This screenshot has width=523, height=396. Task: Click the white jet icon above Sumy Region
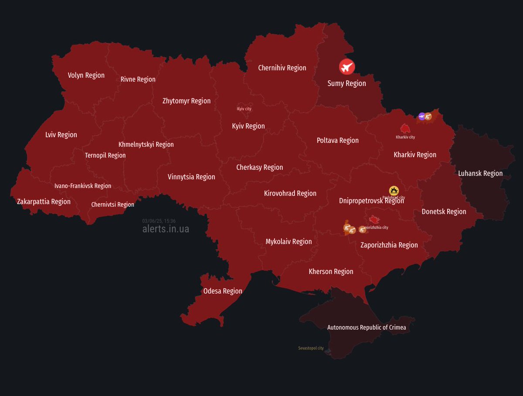point(347,67)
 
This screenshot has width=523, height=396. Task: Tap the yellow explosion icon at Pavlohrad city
point(394,190)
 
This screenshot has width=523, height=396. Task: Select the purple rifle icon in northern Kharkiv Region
point(421,116)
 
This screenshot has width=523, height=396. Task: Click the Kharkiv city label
point(405,137)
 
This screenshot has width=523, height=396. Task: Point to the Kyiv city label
point(244,109)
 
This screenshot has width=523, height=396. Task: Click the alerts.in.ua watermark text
point(166,229)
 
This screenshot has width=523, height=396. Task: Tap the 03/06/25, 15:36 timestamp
point(159,221)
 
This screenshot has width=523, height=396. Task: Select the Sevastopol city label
point(311,348)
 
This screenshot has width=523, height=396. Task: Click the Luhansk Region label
point(480,173)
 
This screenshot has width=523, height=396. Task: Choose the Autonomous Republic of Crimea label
point(367,327)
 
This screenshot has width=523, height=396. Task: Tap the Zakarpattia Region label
point(44,202)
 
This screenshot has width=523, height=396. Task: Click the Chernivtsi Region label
point(112,205)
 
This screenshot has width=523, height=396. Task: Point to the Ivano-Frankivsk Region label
point(83,186)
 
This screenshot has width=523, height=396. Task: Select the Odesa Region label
point(223,291)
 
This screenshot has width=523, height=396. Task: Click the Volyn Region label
point(86,76)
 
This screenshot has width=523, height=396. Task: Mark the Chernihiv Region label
point(282,68)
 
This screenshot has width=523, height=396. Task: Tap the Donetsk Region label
point(444,212)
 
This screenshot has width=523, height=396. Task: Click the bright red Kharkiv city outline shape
point(406,128)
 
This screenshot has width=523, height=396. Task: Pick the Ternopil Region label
point(105,155)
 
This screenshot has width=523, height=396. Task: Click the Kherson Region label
point(331,272)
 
